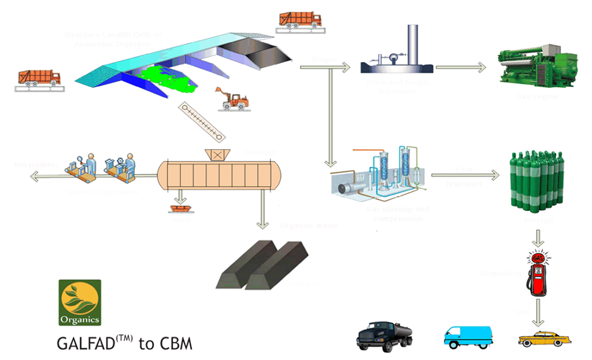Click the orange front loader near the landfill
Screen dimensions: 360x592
pos(234,99)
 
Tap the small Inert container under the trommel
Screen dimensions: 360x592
pos(181,206)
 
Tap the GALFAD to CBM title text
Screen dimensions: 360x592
pos(124,343)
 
